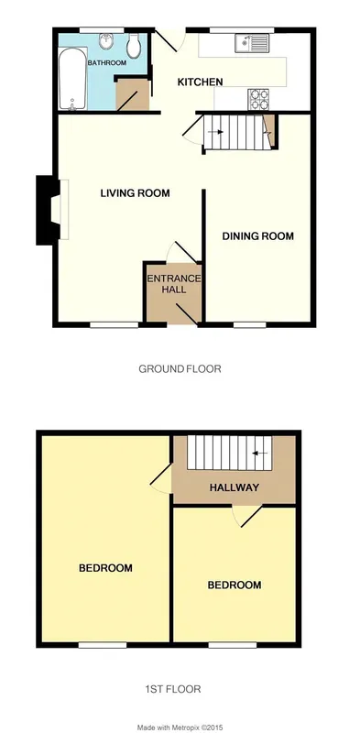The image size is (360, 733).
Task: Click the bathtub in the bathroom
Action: (72, 79)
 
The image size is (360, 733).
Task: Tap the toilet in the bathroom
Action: (133, 45)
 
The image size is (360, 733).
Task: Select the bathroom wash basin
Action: (106, 41)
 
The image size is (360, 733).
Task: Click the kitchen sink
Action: (252, 43)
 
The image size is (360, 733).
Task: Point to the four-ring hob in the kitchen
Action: (258, 99)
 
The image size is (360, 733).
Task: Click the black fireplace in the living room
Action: (49, 210)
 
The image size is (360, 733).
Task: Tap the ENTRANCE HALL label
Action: (174, 284)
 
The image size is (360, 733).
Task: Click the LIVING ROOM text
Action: (136, 193)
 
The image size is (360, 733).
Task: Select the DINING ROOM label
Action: (258, 236)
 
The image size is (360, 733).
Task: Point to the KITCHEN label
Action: (200, 82)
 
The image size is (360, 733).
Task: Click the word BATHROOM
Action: (107, 63)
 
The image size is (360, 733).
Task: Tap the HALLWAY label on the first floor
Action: (235, 487)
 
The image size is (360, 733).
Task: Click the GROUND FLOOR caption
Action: (180, 369)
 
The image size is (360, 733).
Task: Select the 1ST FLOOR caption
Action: (173, 689)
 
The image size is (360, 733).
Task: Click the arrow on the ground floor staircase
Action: (215, 132)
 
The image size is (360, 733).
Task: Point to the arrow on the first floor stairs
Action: (260, 453)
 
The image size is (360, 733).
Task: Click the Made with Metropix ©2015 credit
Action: (180, 728)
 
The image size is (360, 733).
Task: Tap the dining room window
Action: (250, 324)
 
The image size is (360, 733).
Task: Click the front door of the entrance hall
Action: (187, 313)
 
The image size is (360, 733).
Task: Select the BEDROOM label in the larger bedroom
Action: (105, 568)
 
